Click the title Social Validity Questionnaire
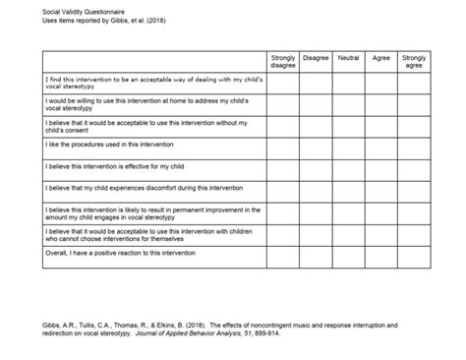click(61, 9)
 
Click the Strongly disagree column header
click(283, 62)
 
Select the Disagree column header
click(316, 58)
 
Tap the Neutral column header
click(348, 58)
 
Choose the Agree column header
click(380, 58)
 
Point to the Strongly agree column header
click(414, 62)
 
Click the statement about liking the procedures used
click(101, 144)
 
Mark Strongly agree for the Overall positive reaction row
click(414, 253)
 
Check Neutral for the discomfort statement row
click(348, 188)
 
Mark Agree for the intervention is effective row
click(380, 166)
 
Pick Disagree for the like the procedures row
click(316, 144)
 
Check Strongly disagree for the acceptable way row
click(283, 81)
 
